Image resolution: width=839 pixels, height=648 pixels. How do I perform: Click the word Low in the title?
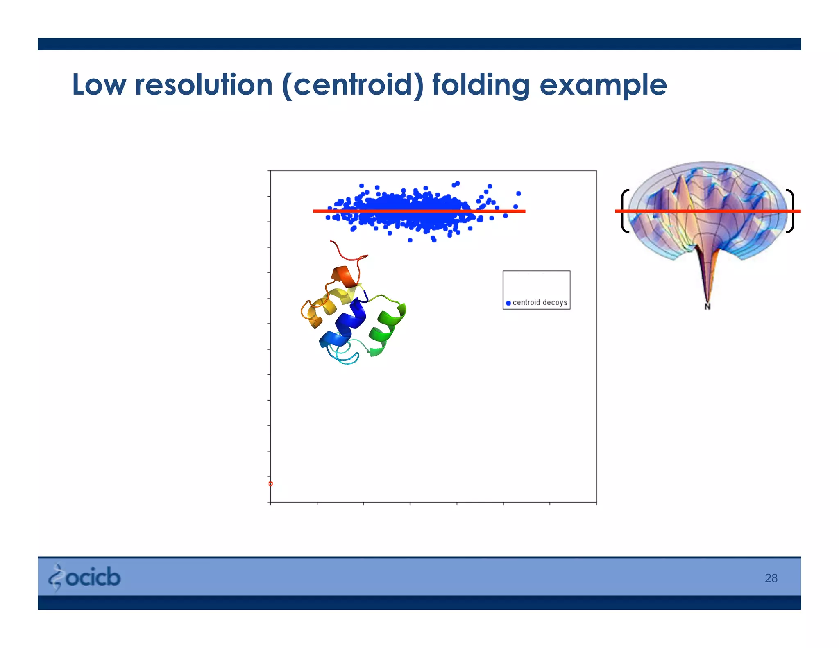click(x=99, y=85)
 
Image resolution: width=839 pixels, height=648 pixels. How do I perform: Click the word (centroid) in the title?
click(x=353, y=85)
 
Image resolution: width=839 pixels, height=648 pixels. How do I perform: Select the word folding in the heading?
click(x=481, y=85)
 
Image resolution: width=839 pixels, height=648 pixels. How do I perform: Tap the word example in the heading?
click(x=603, y=85)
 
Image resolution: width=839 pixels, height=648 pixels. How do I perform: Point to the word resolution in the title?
click(x=204, y=85)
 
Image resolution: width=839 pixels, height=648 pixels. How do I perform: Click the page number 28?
click(x=771, y=578)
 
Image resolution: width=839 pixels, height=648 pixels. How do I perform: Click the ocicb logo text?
click(x=93, y=578)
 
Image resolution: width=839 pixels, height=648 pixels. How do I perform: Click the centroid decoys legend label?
click(x=540, y=303)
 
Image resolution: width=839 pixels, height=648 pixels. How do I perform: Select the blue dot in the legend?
click(x=508, y=303)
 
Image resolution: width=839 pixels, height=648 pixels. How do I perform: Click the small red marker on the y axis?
click(x=270, y=484)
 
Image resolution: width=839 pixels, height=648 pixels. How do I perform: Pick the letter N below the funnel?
click(x=707, y=306)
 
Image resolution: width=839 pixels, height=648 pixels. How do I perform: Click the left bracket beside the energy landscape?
click(x=624, y=211)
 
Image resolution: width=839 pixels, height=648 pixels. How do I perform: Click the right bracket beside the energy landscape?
click(x=791, y=211)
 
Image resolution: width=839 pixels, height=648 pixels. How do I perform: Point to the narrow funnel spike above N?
click(x=707, y=279)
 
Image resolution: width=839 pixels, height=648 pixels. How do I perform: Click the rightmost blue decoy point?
click(x=519, y=193)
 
